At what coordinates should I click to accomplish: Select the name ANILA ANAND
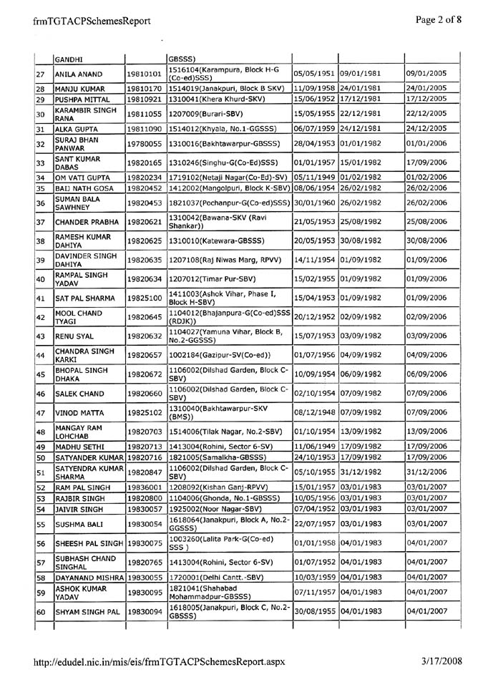pos(77,73)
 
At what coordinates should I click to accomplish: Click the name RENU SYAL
pos(74,334)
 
